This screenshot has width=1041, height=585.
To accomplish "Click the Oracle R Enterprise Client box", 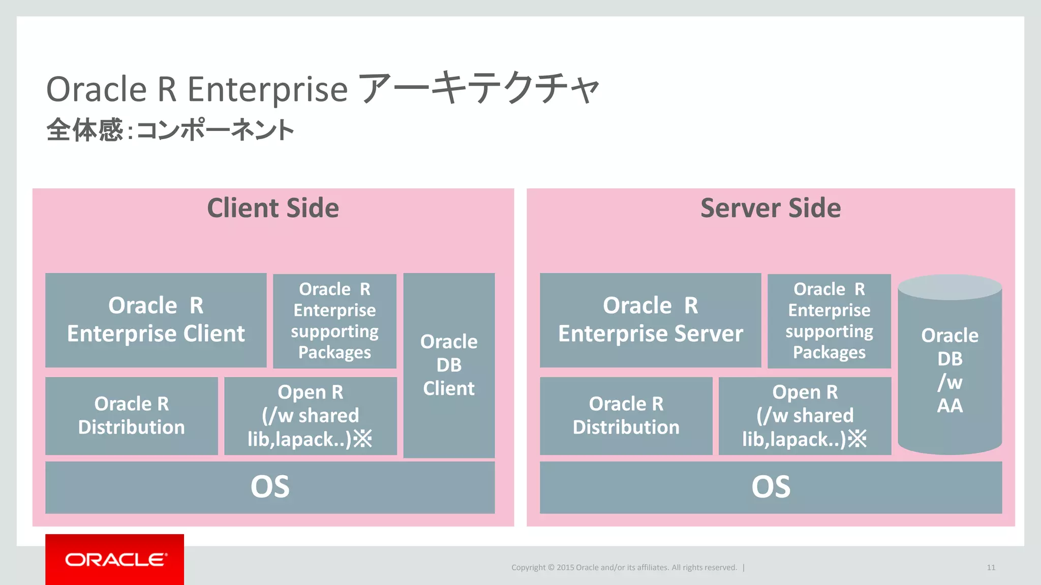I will (156, 320).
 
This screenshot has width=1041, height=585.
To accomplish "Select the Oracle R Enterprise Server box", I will (650, 320).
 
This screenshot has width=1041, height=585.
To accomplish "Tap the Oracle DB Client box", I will (449, 365).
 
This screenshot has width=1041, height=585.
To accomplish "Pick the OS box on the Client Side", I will (270, 487).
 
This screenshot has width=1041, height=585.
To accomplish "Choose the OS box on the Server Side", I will (771, 487).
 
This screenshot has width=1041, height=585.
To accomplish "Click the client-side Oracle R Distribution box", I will (131, 415).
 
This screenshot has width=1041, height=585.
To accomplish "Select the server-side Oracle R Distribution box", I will (626, 415).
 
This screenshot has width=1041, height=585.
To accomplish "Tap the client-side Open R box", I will (310, 415).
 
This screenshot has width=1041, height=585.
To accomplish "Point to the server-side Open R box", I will (805, 415).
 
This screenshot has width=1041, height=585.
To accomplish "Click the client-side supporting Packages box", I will (334, 321).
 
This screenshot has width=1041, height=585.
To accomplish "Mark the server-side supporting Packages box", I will (829, 321).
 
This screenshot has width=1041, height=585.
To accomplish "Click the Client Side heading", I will (273, 208).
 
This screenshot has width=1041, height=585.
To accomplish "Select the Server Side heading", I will (771, 208).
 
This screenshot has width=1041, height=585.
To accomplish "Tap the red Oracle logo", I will (115, 560).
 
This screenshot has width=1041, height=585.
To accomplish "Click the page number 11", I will (991, 568).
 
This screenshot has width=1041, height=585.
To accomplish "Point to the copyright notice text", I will (624, 568).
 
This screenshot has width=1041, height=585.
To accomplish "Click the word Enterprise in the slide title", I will (267, 90).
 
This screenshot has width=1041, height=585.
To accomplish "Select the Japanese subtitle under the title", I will (170, 130).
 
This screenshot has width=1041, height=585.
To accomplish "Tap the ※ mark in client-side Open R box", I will (363, 439).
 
